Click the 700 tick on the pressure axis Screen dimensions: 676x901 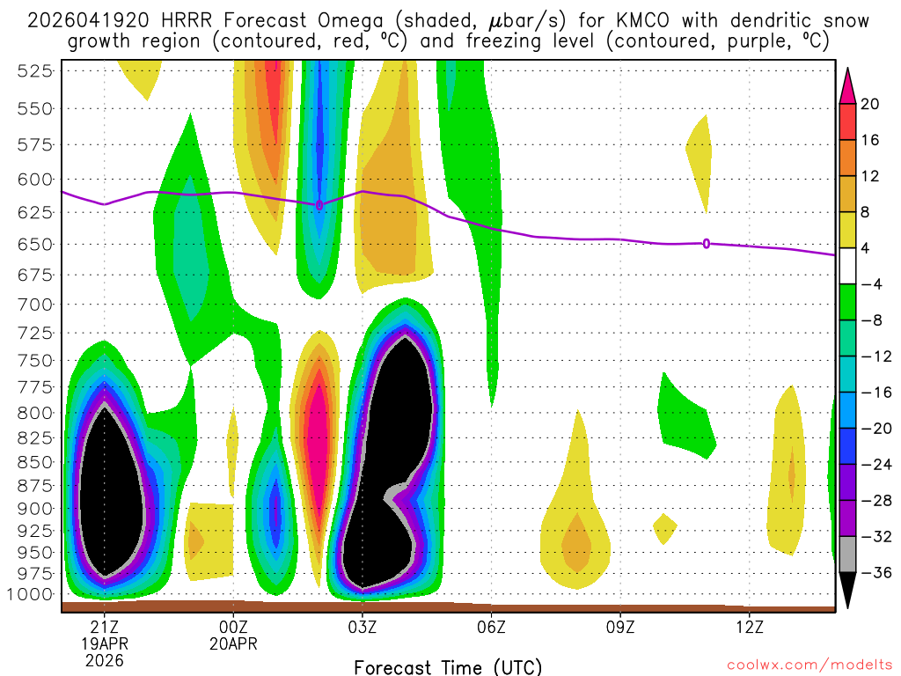pos(34,305)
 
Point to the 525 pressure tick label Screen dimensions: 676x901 pos(34,71)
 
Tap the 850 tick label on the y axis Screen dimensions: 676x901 pos(34,462)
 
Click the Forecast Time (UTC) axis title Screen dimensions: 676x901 pos(448,666)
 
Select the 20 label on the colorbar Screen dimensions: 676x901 pos(870,104)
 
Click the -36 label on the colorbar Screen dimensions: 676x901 pos(875,573)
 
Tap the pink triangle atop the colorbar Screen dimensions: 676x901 pos(848,84)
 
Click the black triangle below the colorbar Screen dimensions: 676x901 pos(848,591)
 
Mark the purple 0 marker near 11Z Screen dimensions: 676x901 pos(707,244)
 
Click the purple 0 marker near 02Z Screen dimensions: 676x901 pos(319,205)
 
